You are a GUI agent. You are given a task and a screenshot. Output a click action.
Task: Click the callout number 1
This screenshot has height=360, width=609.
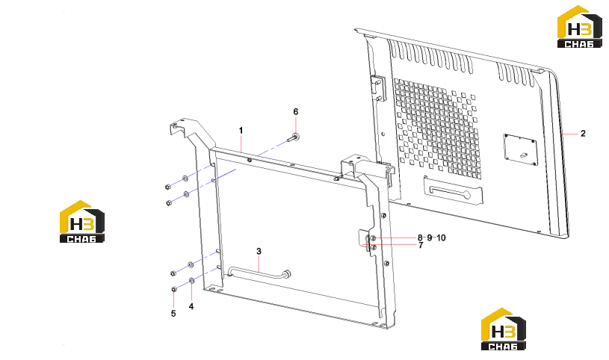coord(241,131)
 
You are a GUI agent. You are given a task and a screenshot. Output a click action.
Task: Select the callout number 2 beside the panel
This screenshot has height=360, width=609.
coord(583,134)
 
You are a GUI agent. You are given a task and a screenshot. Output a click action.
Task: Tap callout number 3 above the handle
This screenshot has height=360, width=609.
coord(259,252)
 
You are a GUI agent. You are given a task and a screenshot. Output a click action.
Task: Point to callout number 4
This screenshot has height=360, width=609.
coord(191,306)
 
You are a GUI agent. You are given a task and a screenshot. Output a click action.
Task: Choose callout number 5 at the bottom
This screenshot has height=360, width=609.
coord(173,314)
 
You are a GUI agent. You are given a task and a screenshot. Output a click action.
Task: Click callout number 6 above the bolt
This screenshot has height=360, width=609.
coord(296,112)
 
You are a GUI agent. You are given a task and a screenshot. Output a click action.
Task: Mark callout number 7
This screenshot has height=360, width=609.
coord(421,246)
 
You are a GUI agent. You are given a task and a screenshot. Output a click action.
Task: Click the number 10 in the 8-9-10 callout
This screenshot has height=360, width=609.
coord(441,238)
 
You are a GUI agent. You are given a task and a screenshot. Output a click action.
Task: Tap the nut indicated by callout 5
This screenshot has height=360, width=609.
coord(174,289)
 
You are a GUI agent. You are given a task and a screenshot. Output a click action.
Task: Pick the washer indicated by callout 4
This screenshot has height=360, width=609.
coord(191,280)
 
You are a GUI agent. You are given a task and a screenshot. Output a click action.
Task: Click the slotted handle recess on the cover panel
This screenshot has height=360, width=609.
coord(454,190)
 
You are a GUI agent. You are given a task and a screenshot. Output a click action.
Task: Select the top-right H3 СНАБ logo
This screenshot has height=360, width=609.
coord(579,27)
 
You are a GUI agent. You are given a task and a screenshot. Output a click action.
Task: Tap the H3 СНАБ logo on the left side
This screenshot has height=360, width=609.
coord(82,222)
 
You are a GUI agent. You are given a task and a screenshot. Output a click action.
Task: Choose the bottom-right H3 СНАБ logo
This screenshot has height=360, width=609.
coord(504,329)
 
